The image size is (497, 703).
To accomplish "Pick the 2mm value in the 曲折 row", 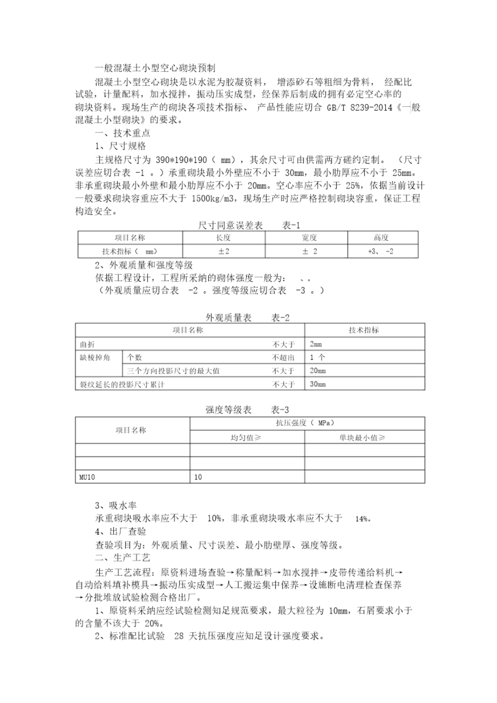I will pos(316,344).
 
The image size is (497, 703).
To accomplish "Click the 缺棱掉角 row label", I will pos(95,357).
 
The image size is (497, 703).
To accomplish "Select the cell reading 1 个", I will pos(318,357).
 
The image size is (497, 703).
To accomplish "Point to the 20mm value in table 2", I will pos(318,371).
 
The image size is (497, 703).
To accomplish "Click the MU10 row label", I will pos(87,477).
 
